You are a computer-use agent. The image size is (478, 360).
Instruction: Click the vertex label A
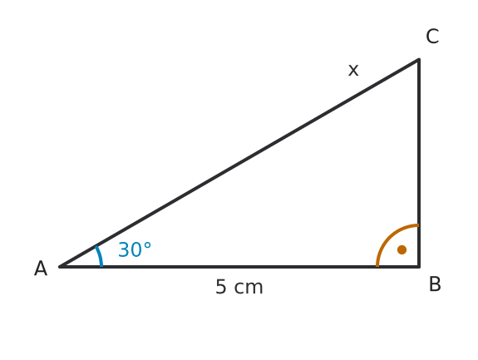coord(41,269)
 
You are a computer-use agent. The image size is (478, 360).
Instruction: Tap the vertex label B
coord(435,284)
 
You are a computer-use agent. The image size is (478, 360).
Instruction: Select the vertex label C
coord(432,37)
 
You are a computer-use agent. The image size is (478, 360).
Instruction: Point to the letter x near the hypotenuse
coord(353,71)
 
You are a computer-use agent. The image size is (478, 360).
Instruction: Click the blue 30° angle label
coord(135,249)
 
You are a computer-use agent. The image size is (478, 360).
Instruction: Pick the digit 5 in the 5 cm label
coord(220,287)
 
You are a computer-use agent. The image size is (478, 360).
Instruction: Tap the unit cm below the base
coord(249,288)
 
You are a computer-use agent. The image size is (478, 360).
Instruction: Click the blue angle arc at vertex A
coord(100,256)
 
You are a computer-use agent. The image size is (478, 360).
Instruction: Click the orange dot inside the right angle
coord(402,249)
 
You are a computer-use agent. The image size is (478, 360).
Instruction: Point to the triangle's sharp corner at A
coord(60,267)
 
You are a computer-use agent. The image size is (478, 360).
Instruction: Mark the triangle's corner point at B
coord(419,267)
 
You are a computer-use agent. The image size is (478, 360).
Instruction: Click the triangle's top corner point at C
coord(419,59)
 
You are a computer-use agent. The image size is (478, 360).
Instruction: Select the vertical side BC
coord(419,163)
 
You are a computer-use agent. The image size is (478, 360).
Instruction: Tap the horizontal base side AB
coord(239,267)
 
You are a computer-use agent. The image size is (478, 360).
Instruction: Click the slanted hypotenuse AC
coord(239,163)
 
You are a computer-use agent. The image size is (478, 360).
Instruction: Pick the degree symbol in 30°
coord(147,246)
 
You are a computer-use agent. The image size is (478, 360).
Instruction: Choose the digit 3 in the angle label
coord(123,249)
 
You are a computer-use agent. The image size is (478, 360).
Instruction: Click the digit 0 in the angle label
coord(136,249)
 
